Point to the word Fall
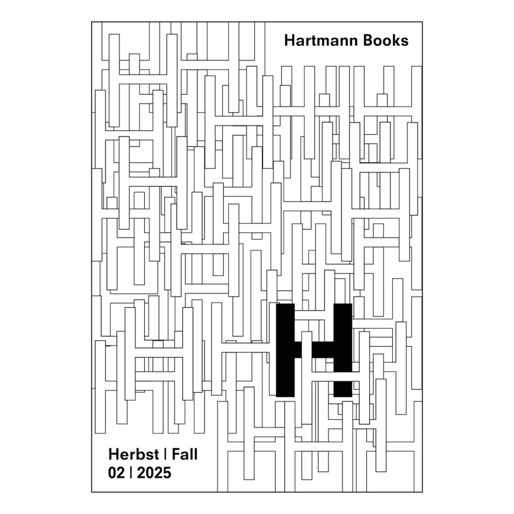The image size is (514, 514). pyautogui.click(x=185, y=454)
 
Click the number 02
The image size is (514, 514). pyautogui.click(x=116, y=473)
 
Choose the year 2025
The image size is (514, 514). pyautogui.click(x=154, y=473)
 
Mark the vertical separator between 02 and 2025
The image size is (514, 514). pyautogui.click(x=131, y=473)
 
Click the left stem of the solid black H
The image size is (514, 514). pyautogui.click(x=285, y=350)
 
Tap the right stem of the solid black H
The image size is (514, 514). pyautogui.click(x=343, y=350)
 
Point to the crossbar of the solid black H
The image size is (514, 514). pyautogui.click(x=314, y=350)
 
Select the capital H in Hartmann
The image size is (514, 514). pyautogui.click(x=290, y=41)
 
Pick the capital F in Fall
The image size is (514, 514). pyautogui.click(x=176, y=454)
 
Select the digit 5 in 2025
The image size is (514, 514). pyautogui.click(x=167, y=473)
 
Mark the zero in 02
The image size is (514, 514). pyautogui.click(x=112, y=473)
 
